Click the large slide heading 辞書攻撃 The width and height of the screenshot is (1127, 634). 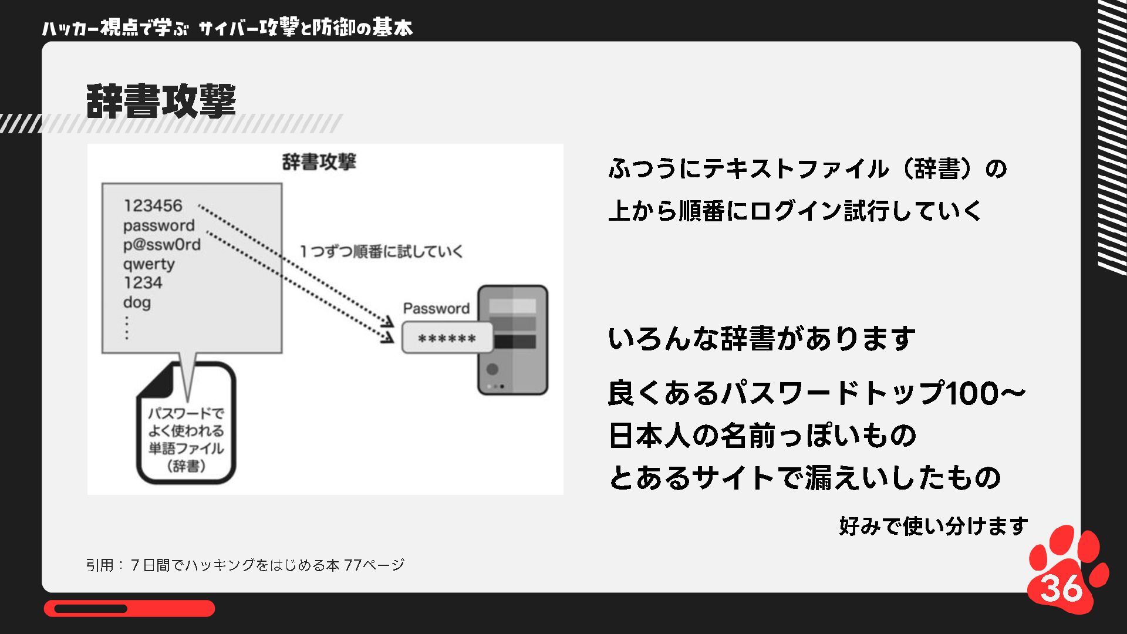click(x=161, y=101)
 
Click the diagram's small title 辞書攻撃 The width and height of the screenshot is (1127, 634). click(x=319, y=162)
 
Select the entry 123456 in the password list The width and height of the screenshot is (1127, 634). click(x=153, y=205)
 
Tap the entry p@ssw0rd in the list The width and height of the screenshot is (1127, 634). click(x=161, y=244)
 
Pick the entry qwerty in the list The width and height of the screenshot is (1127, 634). click(x=149, y=264)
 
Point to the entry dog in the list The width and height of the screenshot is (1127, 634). click(x=137, y=302)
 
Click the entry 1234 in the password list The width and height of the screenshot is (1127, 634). click(x=143, y=282)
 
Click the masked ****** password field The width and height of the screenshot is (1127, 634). click(x=447, y=338)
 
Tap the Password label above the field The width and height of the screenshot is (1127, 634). click(x=436, y=308)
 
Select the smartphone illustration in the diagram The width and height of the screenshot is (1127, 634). click(x=512, y=340)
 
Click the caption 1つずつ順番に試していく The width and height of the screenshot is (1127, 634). click(x=381, y=251)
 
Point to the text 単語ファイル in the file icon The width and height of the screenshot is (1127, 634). click(x=186, y=448)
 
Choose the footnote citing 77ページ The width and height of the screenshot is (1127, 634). click(x=245, y=565)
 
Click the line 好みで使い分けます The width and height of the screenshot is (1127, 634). click(x=933, y=525)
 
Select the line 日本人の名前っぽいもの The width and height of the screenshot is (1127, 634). click(x=762, y=435)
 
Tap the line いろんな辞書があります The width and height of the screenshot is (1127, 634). click(x=761, y=339)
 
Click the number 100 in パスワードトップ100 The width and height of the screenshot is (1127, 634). click(x=971, y=393)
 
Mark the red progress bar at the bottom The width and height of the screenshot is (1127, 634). click(x=129, y=608)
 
